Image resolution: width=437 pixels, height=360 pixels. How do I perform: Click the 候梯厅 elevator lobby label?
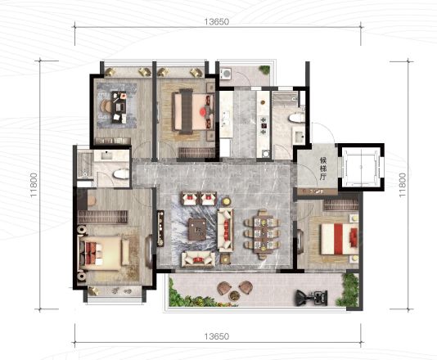[322, 169]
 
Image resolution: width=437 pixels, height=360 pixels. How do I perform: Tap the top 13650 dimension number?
[217, 22]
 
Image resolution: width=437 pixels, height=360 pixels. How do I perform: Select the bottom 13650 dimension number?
[217, 336]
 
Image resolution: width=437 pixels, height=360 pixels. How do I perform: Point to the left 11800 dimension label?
[34, 185]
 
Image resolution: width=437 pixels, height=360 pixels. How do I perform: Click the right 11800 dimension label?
[402, 185]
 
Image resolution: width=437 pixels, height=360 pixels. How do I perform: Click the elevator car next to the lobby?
[361, 167]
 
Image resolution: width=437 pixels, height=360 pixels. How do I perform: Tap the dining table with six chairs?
[262, 233]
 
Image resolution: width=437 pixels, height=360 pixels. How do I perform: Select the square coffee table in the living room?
[197, 229]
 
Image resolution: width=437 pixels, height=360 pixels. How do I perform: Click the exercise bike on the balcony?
[312, 297]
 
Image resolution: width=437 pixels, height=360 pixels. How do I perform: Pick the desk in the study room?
[119, 106]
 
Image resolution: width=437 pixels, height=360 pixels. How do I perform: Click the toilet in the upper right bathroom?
[296, 117]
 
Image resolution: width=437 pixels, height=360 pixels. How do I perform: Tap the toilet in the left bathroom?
[121, 175]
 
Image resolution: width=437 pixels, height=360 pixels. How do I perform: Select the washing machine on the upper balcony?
[226, 74]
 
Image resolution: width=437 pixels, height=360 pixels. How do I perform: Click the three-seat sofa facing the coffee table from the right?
[226, 230]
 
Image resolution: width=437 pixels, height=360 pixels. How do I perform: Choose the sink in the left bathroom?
[107, 155]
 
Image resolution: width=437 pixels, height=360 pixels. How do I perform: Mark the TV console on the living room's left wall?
[160, 228]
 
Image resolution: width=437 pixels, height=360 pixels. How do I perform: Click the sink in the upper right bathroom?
[300, 137]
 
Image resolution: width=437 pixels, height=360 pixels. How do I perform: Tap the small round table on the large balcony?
[234, 295]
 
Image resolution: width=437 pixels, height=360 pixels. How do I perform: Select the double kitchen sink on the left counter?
[226, 119]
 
